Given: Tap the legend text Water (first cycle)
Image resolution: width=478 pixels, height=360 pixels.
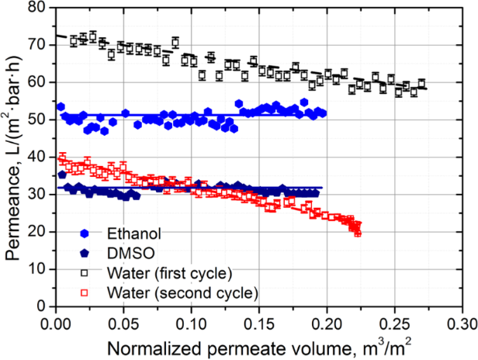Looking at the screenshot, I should coord(164,272).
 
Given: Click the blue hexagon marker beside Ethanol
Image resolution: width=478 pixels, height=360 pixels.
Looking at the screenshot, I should coord(85,233).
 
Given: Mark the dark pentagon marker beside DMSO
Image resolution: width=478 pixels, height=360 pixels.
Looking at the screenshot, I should coord(85,253).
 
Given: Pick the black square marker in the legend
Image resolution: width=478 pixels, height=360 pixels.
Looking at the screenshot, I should coord(85,272).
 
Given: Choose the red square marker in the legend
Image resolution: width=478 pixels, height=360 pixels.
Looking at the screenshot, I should coord(85,292).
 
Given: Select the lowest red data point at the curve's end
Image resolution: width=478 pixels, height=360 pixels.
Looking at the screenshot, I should coord(358,230).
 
